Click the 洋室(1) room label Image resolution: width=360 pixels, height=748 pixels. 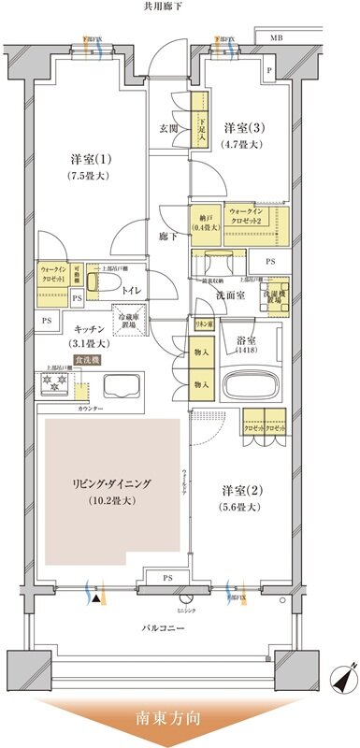(x=79, y=159)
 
